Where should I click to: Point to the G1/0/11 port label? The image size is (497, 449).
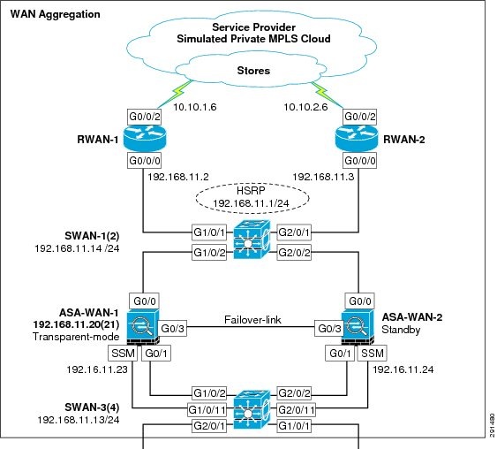[x=207, y=409]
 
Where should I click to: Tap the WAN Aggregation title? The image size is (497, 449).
[x=55, y=15]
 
